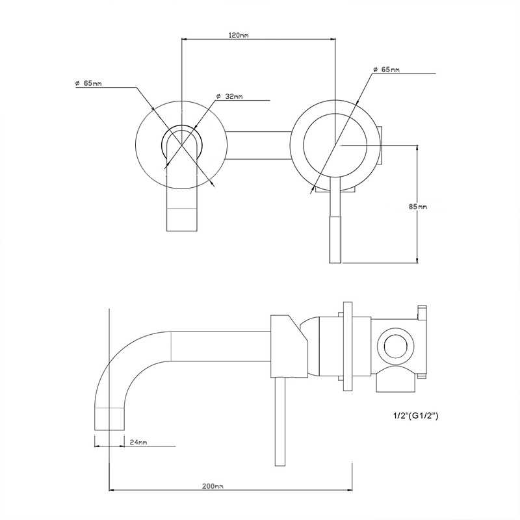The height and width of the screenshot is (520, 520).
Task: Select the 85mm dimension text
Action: [x=417, y=206]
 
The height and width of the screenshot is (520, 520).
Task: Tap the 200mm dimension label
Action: [x=214, y=486]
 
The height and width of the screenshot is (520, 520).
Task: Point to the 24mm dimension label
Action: [x=138, y=442]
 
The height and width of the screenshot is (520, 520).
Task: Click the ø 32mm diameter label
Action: [x=229, y=96]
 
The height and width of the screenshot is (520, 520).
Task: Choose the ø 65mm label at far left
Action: [x=88, y=83]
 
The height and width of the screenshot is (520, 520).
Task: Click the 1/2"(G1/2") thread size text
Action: [x=412, y=414]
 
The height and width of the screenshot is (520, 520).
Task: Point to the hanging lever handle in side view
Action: [x=281, y=422]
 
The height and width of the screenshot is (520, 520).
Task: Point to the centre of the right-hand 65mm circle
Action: [x=335, y=144]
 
